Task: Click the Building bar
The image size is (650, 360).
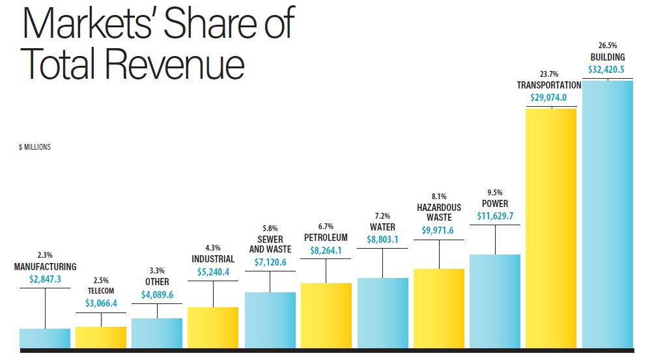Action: click(607, 214)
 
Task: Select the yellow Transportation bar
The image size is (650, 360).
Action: click(551, 228)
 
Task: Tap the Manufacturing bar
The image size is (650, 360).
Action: click(45, 338)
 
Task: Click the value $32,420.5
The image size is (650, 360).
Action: click(607, 70)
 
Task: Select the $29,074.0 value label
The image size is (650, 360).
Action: click(548, 98)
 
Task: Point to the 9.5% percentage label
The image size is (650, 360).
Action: click(495, 192)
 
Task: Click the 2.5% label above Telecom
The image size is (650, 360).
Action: click(101, 281)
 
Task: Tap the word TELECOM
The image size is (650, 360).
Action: click(101, 291)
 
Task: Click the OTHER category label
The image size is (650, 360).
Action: click(157, 282)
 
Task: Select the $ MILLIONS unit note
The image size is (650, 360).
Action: click(35, 147)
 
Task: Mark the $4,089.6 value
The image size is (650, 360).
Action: click(157, 295)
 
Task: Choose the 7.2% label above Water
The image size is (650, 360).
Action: click(382, 215)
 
